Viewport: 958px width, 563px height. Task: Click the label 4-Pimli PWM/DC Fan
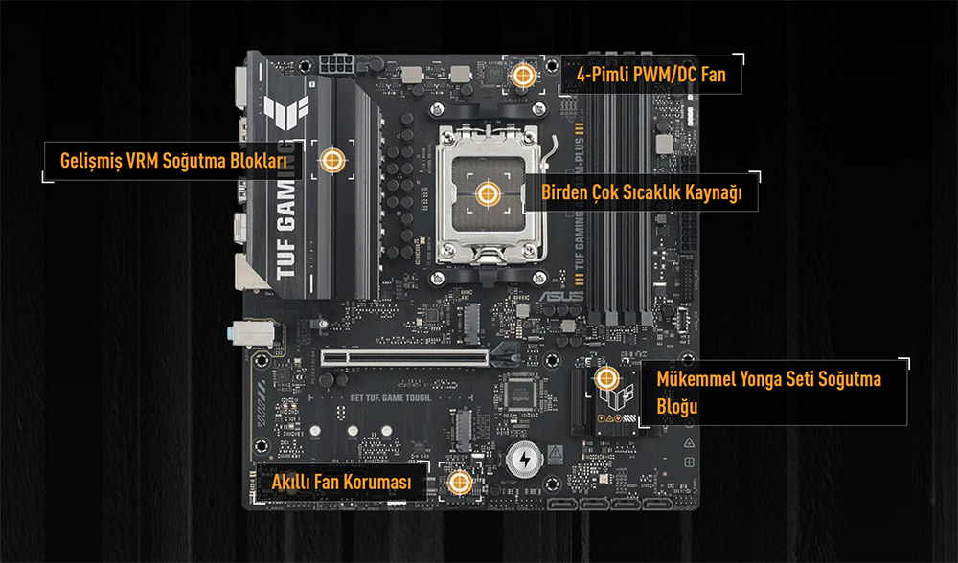(650, 74)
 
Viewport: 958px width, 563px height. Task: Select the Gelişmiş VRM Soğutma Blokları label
(173, 161)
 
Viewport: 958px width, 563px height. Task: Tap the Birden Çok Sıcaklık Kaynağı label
(642, 193)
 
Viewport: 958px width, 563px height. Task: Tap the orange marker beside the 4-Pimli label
(523, 74)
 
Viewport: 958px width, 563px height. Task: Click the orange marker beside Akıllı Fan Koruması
(459, 483)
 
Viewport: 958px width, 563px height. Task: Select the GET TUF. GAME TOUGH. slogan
(391, 397)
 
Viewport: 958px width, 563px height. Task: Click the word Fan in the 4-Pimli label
(713, 74)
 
